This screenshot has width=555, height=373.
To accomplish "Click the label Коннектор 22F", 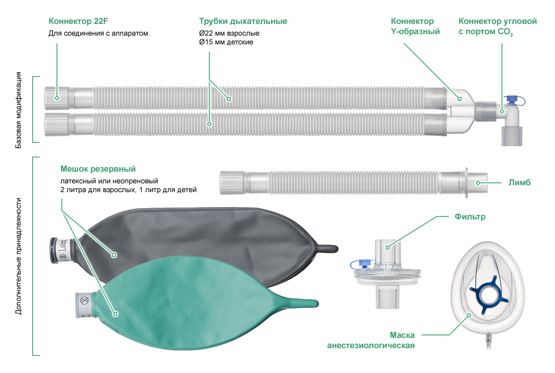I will pyautogui.click(x=82, y=21).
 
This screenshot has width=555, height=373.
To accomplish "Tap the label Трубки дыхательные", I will pyautogui.click(x=242, y=21).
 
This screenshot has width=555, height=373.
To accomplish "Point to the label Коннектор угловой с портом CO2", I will pyautogui.click(x=497, y=26).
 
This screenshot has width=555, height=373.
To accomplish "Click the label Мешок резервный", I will pyautogui.click(x=98, y=169).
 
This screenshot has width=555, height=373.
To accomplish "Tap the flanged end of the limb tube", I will pyautogui.click(x=467, y=183).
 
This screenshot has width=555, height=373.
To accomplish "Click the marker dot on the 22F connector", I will pyautogui.click(x=57, y=98).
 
